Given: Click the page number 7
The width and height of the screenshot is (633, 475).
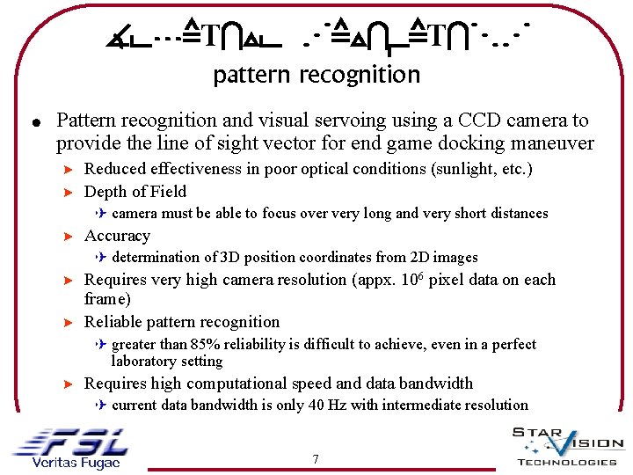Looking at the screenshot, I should pos(316,459).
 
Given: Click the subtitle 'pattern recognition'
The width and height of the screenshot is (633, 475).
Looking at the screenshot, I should pos(316,75).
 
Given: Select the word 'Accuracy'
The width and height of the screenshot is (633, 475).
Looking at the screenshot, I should pos(117,236).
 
